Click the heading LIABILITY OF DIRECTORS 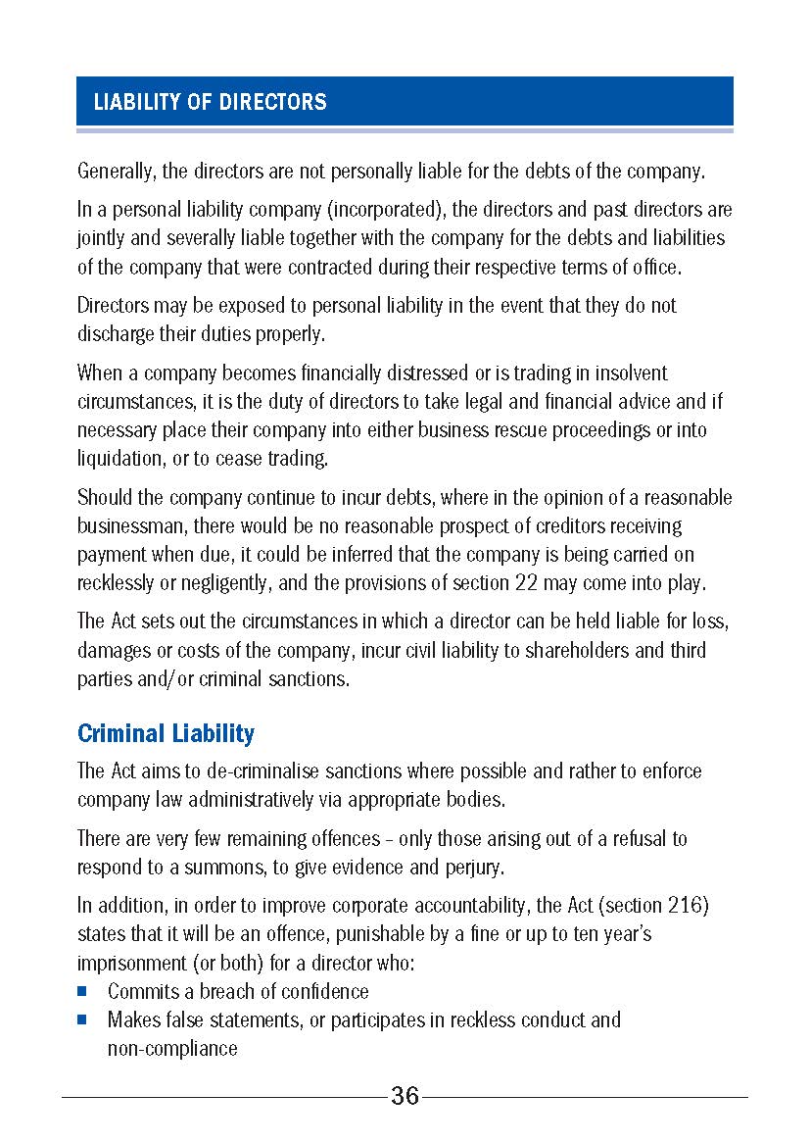(x=210, y=102)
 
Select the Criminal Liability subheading (x=166, y=734)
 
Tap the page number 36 (x=405, y=1096)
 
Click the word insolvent (x=620, y=373)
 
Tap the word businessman (x=132, y=526)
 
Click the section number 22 (x=526, y=583)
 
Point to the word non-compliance (x=172, y=1049)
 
